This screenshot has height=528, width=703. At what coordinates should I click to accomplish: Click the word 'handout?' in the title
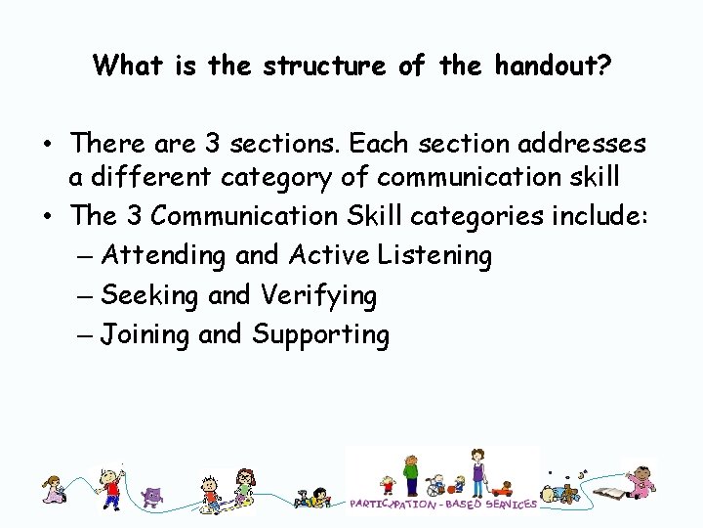coord(552,66)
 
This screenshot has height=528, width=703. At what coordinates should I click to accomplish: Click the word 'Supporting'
coord(320,334)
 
